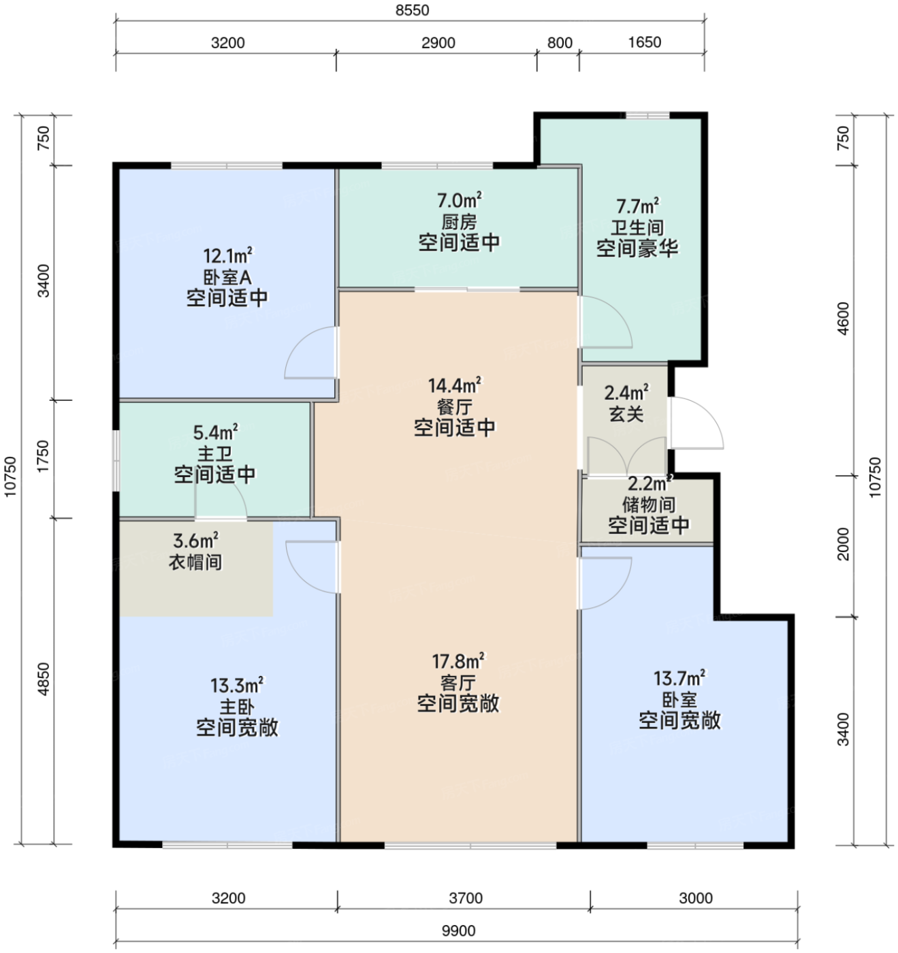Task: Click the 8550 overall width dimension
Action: tap(412, 10)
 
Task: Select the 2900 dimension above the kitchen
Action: tap(438, 43)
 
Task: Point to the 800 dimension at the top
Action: tap(560, 43)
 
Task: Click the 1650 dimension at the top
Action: tap(645, 42)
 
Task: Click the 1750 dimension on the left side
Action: tap(44, 456)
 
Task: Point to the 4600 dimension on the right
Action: tap(843, 318)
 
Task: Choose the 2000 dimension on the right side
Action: tap(843, 544)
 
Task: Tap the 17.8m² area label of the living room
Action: tap(458, 661)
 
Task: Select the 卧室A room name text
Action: tap(227, 277)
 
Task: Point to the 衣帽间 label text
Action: tap(195, 562)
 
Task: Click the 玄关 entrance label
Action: tap(626, 414)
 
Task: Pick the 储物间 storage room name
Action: tap(648, 504)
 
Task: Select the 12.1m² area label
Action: tap(227, 256)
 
